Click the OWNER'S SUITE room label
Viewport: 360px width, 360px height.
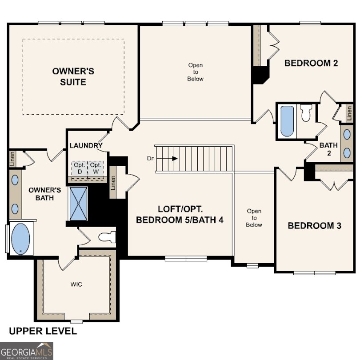[x=73, y=76]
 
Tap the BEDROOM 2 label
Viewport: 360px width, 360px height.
[x=311, y=63]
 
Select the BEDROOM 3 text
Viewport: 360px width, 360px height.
[x=314, y=226]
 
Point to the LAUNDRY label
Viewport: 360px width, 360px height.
[x=86, y=145]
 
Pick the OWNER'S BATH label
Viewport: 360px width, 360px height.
[x=41, y=193]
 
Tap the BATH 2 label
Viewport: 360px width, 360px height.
[x=328, y=149]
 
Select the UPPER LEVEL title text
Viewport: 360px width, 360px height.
[x=43, y=331]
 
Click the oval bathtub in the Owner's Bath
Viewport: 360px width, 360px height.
[x=20, y=239]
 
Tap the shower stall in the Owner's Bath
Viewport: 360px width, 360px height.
[x=79, y=204]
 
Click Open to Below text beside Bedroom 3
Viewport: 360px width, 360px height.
[x=254, y=218]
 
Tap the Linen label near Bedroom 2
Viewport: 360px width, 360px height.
[x=349, y=113]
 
